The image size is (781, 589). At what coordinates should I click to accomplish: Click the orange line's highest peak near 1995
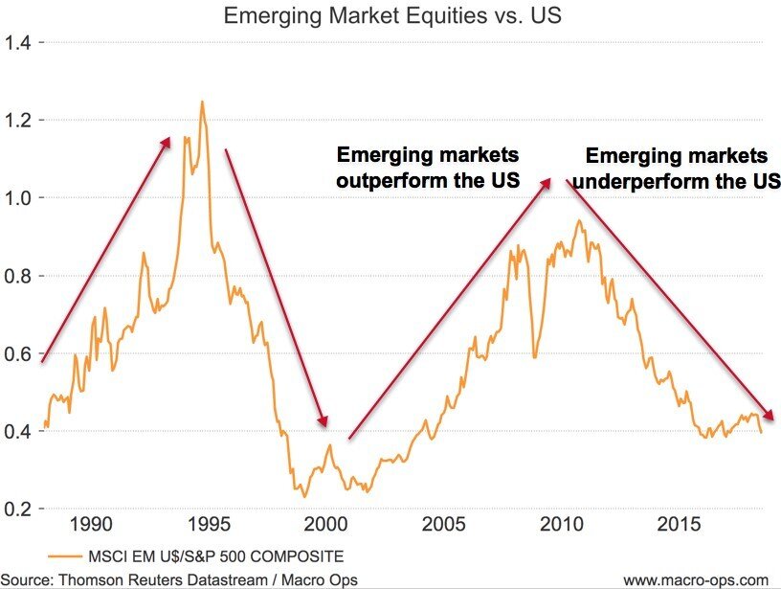pos(202,102)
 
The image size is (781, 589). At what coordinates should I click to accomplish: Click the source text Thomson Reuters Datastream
pos(145,578)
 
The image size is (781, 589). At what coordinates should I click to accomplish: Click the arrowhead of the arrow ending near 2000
pos(324,422)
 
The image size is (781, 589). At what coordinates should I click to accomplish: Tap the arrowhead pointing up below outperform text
pos(547,180)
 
